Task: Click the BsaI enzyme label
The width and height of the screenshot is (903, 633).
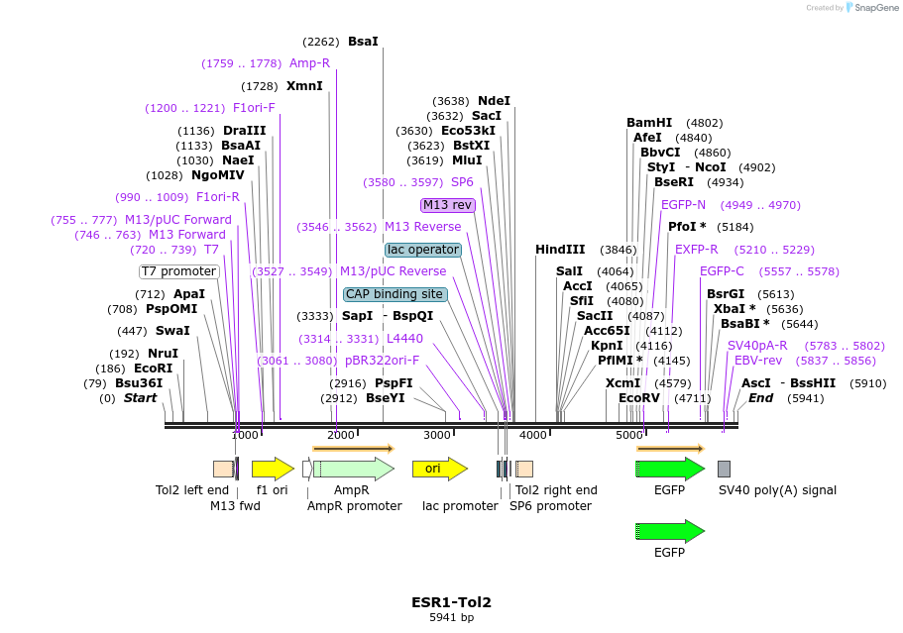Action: pyautogui.click(x=363, y=42)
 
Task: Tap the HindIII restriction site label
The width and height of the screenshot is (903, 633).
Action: pyautogui.click(x=560, y=250)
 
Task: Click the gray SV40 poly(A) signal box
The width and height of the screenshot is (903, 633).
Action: pyautogui.click(x=724, y=469)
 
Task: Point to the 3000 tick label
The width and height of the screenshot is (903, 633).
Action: pyautogui.click(x=437, y=435)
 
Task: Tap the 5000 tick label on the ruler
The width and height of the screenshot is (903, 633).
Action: pyautogui.click(x=629, y=435)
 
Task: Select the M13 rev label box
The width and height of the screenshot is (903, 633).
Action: pyautogui.click(x=448, y=205)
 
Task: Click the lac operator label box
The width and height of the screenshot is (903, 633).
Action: pyautogui.click(x=423, y=250)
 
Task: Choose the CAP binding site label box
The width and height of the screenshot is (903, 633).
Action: pyautogui.click(x=395, y=294)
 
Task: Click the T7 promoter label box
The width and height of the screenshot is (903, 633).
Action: pyautogui.click(x=178, y=271)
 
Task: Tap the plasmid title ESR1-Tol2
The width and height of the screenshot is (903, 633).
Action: pyautogui.click(x=451, y=601)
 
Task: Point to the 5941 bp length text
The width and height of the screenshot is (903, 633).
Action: pyautogui.click(x=451, y=617)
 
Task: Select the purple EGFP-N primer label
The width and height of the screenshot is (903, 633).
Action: pyautogui.click(x=683, y=205)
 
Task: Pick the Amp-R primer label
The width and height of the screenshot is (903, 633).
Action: pyautogui.click(x=309, y=63)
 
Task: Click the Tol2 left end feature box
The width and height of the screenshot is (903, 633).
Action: pyautogui.click(x=223, y=469)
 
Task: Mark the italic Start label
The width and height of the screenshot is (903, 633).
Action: pyautogui.click(x=140, y=398)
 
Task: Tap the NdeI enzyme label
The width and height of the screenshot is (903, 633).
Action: pyautogui.click(x=494, y=101)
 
